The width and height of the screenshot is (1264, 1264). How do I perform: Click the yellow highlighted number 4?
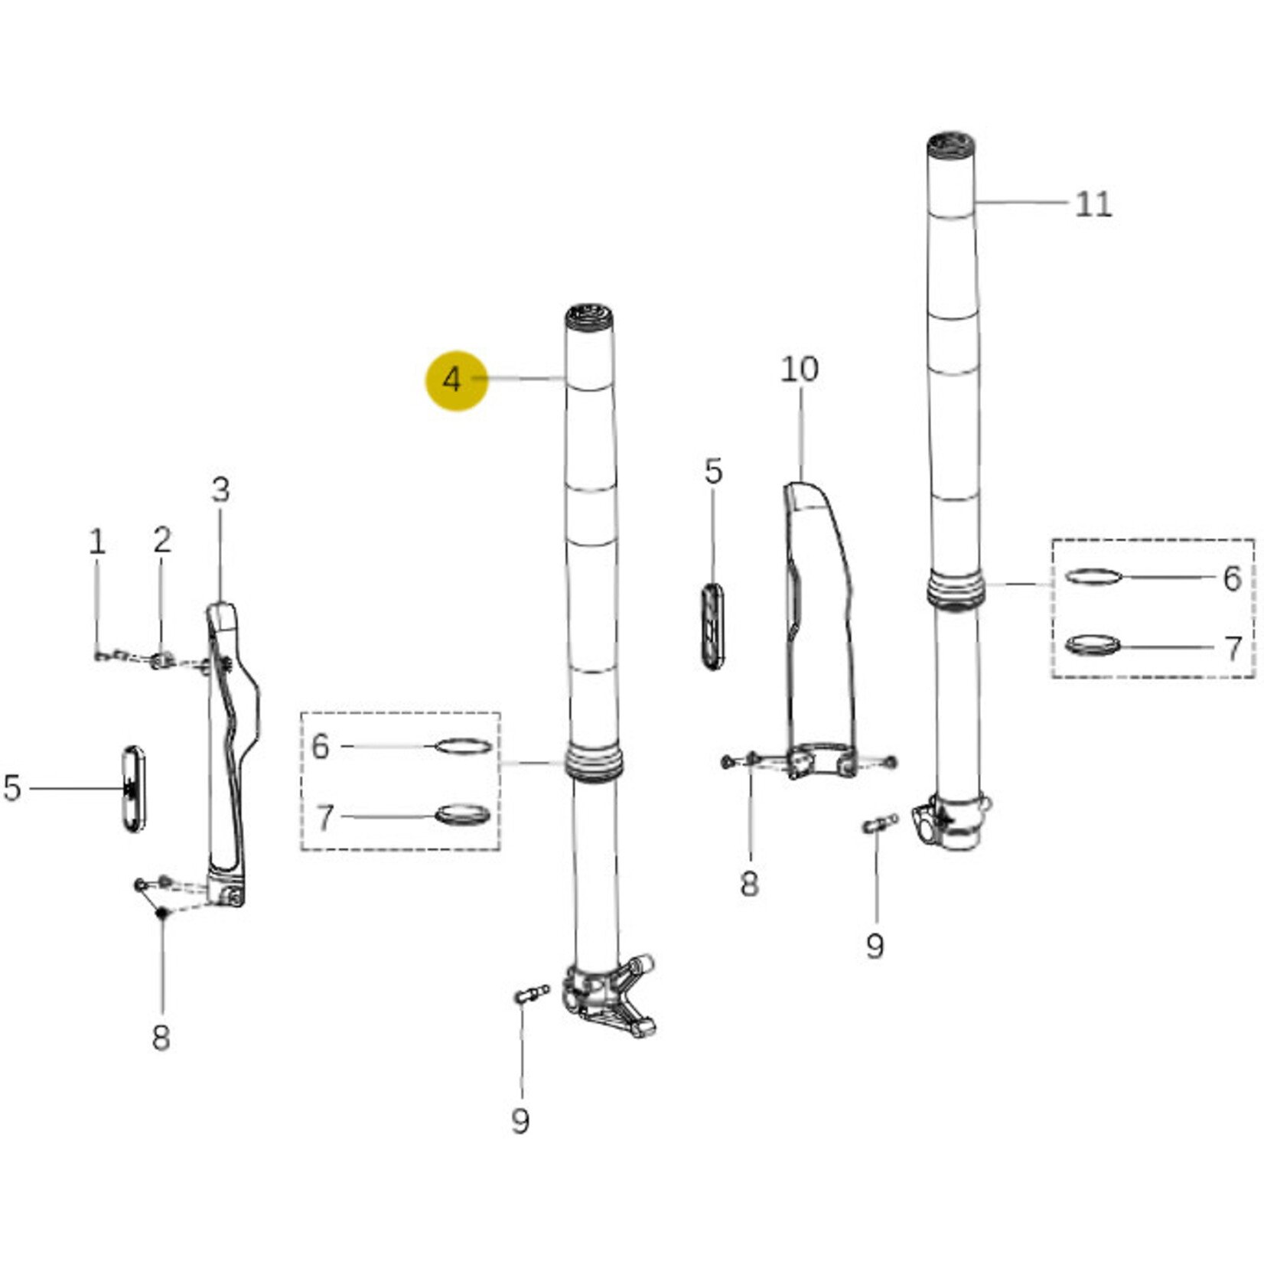tap(452, 380)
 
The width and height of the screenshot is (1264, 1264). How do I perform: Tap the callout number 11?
tap(1093, 204)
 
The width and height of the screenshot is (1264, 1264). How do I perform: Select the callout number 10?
tap(800, 370)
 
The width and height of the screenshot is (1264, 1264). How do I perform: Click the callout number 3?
tap(220, 490)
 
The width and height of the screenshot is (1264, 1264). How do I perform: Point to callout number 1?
tap(96, 542)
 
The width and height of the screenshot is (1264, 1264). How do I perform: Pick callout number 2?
tap(162, 540)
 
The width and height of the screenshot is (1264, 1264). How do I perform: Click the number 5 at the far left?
tap(12, 787)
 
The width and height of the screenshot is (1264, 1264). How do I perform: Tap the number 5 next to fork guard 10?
tap(713, 471)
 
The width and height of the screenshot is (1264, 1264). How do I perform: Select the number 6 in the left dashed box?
tap(321, 746)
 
